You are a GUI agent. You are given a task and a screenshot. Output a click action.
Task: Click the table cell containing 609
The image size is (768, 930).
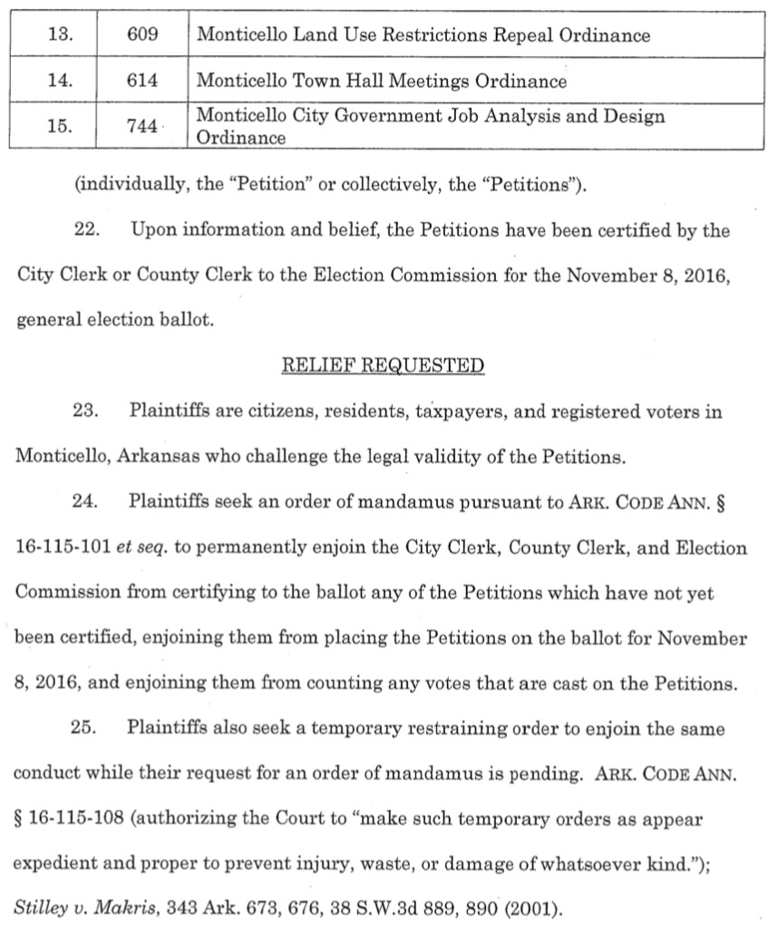(x=142, y=35)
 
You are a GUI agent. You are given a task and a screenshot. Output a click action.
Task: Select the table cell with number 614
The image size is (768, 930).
(x=142, y=82)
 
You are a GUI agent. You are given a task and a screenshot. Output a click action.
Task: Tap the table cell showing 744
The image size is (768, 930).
(x=142, y=127)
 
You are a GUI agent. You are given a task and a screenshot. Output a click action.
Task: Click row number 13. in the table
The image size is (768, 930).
(x=59, y=35)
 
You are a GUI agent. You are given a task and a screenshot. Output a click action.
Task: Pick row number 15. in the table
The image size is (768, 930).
(x=59, y=127)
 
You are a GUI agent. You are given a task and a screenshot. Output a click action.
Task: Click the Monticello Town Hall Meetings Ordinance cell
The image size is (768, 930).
(x=381, y=82)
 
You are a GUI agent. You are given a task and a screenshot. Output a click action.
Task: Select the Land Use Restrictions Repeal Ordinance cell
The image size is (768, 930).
(x=423, y=35)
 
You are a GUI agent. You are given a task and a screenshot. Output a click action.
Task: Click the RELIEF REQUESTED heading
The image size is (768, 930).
(x=384, y=366)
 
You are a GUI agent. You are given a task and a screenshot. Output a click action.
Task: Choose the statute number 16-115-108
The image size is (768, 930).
(x=69, y=819)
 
